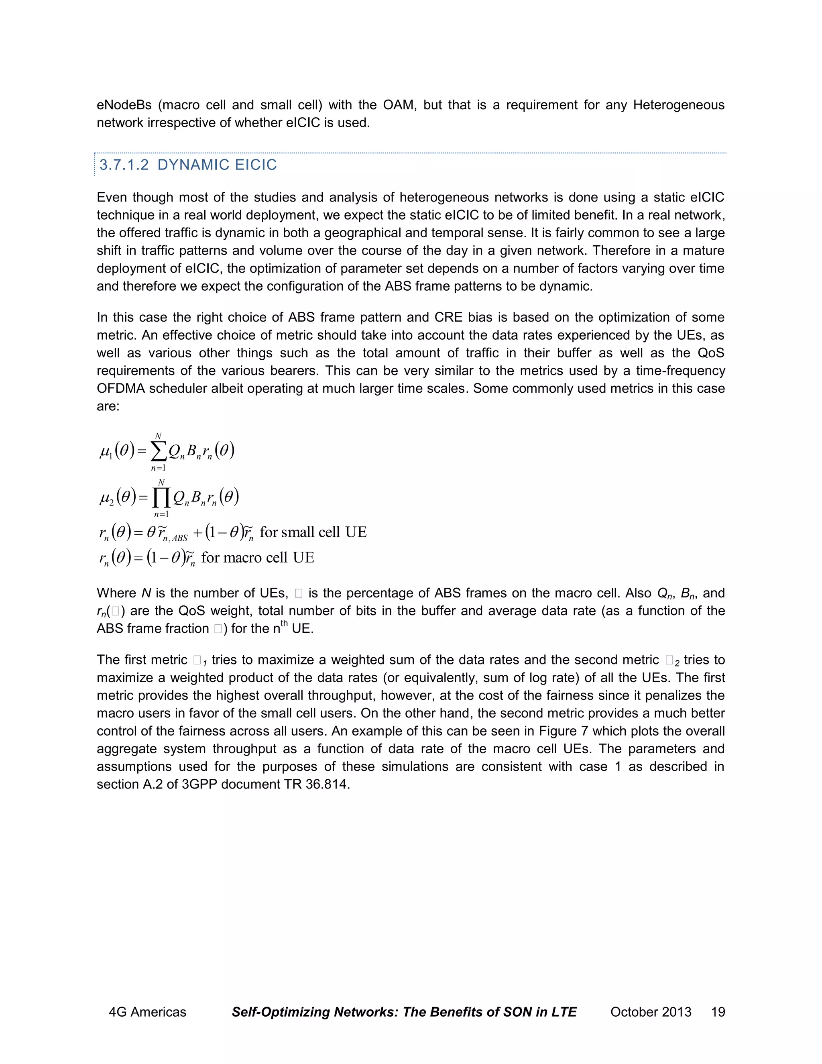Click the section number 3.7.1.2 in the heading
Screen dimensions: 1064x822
click(x=124, y=165)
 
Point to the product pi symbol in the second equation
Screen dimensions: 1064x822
click(x=161, y=497)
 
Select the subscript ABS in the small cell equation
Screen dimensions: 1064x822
click(x=179, y=538)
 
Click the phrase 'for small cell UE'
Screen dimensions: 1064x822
click(x=313, y=532)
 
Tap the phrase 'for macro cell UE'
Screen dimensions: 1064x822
click(x=258, y=557)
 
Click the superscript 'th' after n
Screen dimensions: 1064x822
click(x=284, y=623)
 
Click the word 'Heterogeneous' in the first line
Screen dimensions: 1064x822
click(x=678, y=105)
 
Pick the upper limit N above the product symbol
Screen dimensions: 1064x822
click(x=162, y=482)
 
